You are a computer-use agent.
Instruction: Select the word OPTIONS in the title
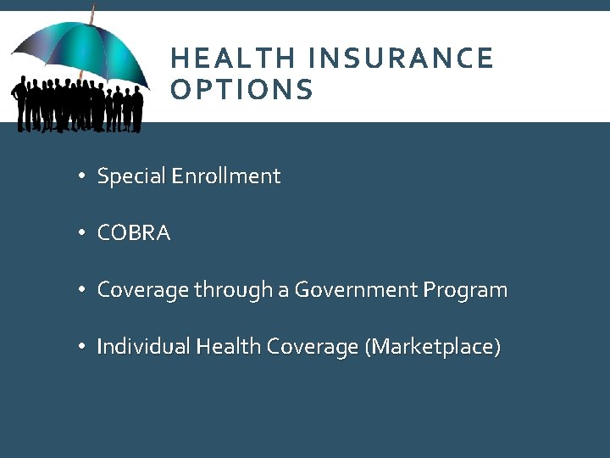pos(241,90)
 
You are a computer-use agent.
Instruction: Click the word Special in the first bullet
pos(131,176)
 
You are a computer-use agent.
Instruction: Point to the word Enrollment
pos(225,176)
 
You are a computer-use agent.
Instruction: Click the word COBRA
pos(134,233)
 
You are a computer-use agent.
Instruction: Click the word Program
pos(466,290)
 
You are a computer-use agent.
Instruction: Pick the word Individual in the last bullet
pos(143,347)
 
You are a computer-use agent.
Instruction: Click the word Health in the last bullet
pos(229,347)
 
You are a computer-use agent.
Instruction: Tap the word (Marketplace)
pos(432,347)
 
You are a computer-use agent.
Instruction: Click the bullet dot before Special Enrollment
pos(80,177)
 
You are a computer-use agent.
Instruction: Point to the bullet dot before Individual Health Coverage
pos(80,348)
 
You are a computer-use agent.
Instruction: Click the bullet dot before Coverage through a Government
pos(80,291)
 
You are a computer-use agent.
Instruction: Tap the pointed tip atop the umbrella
pos(91,10)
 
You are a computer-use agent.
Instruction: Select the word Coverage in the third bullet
pos(142,290)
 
